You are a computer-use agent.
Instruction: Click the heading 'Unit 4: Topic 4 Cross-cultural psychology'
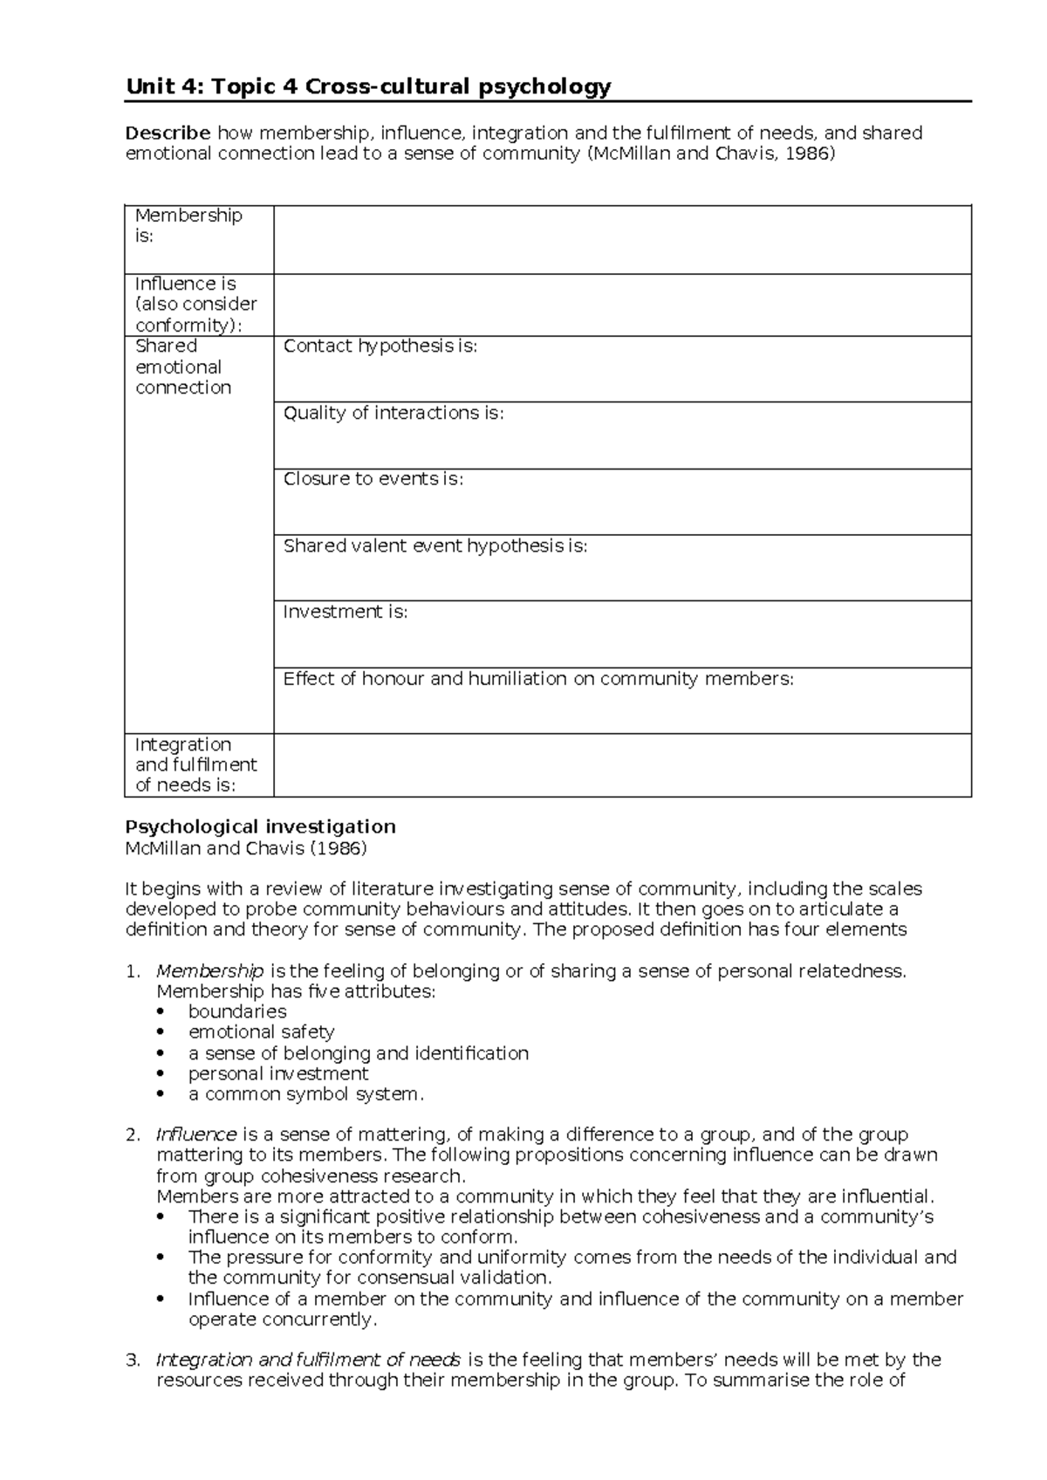pos(368,86)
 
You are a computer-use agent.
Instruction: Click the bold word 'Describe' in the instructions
pos(168,134)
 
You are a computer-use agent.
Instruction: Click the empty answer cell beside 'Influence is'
pos(622,305)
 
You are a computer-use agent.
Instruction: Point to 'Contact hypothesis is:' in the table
pos(380,346)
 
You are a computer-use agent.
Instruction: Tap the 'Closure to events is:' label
pos(373,479)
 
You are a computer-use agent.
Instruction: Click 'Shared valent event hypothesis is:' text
pos(435,546)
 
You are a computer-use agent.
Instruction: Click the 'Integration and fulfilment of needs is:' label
pos(197,764)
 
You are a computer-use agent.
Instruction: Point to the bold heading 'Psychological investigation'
pos(260,826)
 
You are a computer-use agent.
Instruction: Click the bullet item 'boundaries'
pos(237,1011)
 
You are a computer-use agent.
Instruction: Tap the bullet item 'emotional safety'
pos(261,1032)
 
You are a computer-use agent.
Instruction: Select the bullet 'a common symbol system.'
pos(305,1094)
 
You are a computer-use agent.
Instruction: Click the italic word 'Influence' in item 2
pos(196,1134)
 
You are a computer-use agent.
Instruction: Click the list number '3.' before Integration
pos(132,1360)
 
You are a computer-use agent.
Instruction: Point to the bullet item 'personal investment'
pos(278,1073)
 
